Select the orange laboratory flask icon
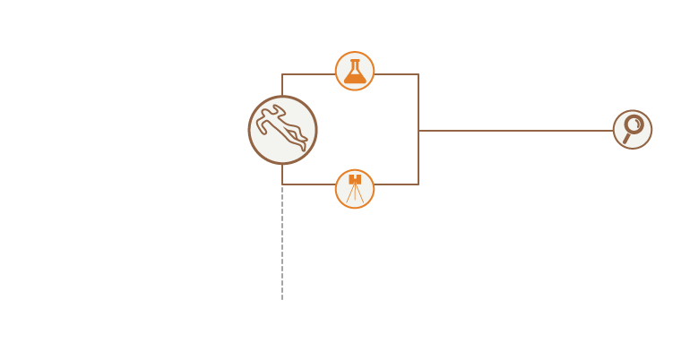(355, 72)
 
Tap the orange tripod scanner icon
(355, 189)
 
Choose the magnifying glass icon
(633, 129)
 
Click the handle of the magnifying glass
(626, 139)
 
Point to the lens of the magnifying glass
(634, 124)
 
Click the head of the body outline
(280, 110)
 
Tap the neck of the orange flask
(355, 64)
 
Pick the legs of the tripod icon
(355, 194)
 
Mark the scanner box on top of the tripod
(355, 179)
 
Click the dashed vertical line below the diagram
(282, 242)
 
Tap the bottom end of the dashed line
(282, 298)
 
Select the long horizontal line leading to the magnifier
(515, 131)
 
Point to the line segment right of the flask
(396, 74)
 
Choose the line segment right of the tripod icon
(396, 184)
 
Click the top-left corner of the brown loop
(282, 74)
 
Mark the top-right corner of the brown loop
(418, 74)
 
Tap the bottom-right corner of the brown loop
(418, 184)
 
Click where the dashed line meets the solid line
(282, 184)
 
